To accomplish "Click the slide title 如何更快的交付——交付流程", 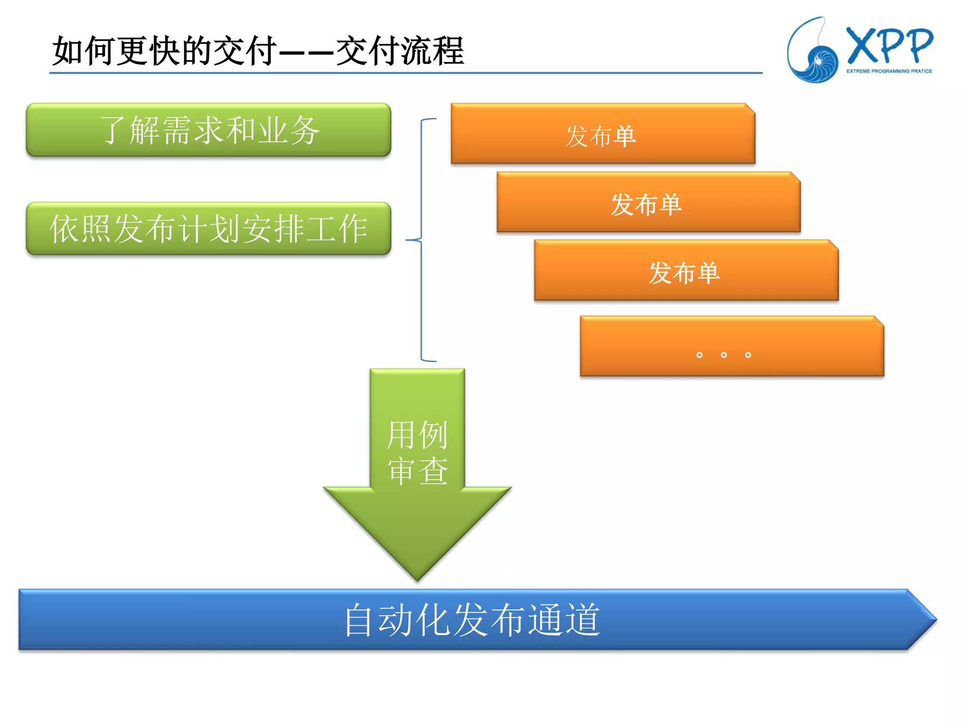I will pyautogui.click(x=258, y=51).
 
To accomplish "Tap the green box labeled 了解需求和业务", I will pyautogui.click(x=209, y=130).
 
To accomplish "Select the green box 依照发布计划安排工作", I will pyautogui.click(x=209, y=229).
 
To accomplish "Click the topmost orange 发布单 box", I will pyautogui.click(x=602, y=136).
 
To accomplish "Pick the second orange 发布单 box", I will pyautogui.click(x=648, y=204).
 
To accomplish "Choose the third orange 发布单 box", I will pyautogui.click(x=685, y=272).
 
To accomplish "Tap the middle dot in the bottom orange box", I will pyautogui.click(x=723, y=355).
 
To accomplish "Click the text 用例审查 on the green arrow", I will pyautogui.click(x=417, y=452).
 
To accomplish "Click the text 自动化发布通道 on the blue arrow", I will pyautogui.click(x=472, y=620).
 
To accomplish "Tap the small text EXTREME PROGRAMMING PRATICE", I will pyautogui.click(x=889, y=72).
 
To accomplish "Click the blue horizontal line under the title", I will pyautogui.click(x=405, y=73).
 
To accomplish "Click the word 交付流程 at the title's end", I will pyautogui.click(x=400, y=51).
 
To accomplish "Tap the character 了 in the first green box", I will pyautogui.click(x=113, y=130).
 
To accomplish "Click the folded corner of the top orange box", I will pyautogui.click(x=750, y=108).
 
